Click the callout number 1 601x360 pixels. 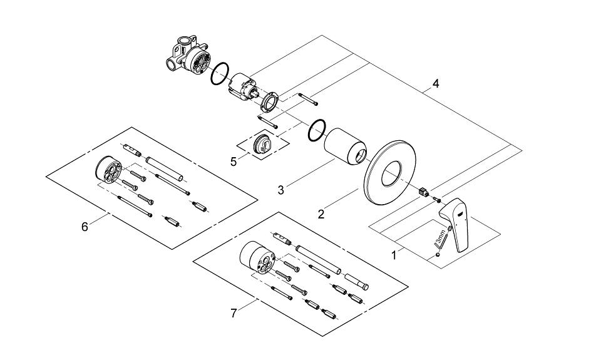[394, 255]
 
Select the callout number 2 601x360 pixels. [321, 214]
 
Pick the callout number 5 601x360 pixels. [234, 161]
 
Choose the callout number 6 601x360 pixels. [85, 227]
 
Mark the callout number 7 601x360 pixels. [234, 313]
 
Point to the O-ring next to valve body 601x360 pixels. [220, 74]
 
